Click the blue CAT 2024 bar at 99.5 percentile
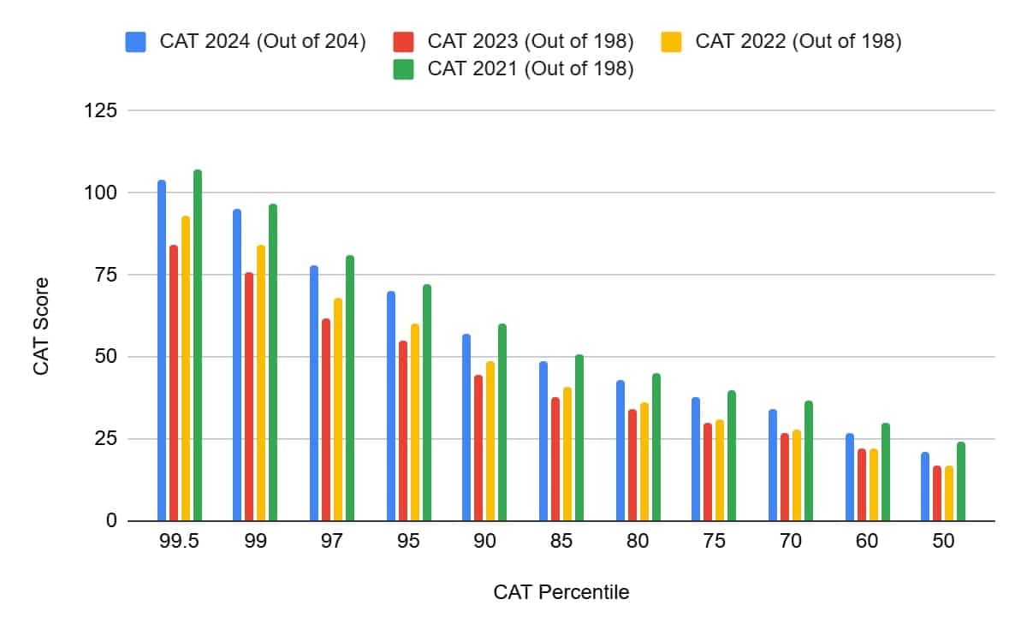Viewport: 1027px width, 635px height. [x=162, y=351]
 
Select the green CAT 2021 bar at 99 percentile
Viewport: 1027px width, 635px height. [x=273, y=363]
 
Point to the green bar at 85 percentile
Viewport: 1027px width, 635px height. [x=579, y=438]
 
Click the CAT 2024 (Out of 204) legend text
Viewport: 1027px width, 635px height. [x=263, y=41]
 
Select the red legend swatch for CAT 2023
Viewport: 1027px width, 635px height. [x=403, y=41]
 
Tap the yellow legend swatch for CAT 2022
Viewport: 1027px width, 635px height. [x=672, y=41]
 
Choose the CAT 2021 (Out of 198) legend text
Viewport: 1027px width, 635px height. [x=531, y=69]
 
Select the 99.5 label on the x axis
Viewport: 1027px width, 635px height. [x=180, y=542]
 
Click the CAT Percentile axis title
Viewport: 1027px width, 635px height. [x=561, y=592]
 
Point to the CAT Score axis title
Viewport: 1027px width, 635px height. [x=41, y=325]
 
